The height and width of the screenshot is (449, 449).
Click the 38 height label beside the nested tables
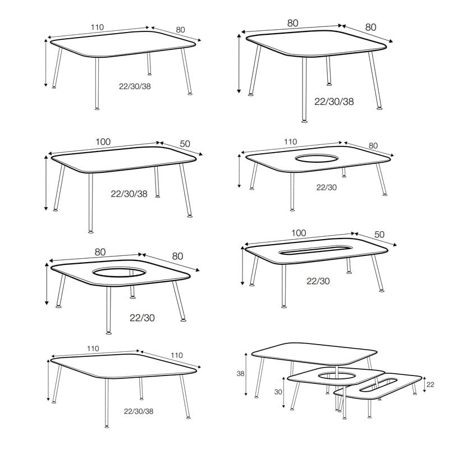coord(241,373)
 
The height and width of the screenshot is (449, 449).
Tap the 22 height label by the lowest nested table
coord(430,384)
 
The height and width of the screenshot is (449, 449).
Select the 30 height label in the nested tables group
coord(278,392)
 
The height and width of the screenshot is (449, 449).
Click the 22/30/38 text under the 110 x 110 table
coord(139,411)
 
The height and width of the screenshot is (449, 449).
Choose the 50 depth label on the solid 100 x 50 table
coord(185,144)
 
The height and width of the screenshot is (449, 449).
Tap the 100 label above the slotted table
coord(299,233)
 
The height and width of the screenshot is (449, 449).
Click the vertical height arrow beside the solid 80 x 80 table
coord(239,63)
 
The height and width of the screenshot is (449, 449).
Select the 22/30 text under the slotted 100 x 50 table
coord(318,281)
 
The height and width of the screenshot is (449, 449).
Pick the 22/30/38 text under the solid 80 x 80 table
coord(334,102)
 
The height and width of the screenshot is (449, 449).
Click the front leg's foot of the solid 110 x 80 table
coord(97,108)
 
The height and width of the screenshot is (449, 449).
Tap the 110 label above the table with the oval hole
coord(290,142)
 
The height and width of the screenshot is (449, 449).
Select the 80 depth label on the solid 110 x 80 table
coord(180,30)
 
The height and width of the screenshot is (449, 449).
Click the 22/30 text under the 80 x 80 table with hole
coord(143,318)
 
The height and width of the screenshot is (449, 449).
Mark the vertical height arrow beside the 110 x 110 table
coord(48,381)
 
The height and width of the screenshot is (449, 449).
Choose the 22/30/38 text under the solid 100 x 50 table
coord(129,194)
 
